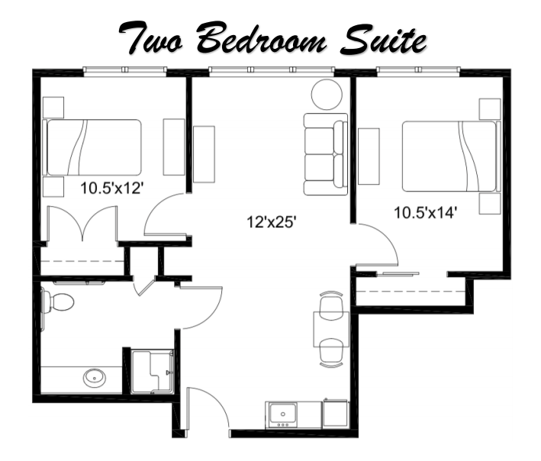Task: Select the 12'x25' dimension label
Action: [x=271, y=222]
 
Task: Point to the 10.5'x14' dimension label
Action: [x=424, y=212]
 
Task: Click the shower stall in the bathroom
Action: [x=153, y=372]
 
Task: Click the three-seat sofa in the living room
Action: [x=325, y=153]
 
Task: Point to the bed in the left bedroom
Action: [x=93, y=147]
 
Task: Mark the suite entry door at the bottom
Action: [x=208, y=412]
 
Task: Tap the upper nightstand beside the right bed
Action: [x=488, y=108]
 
